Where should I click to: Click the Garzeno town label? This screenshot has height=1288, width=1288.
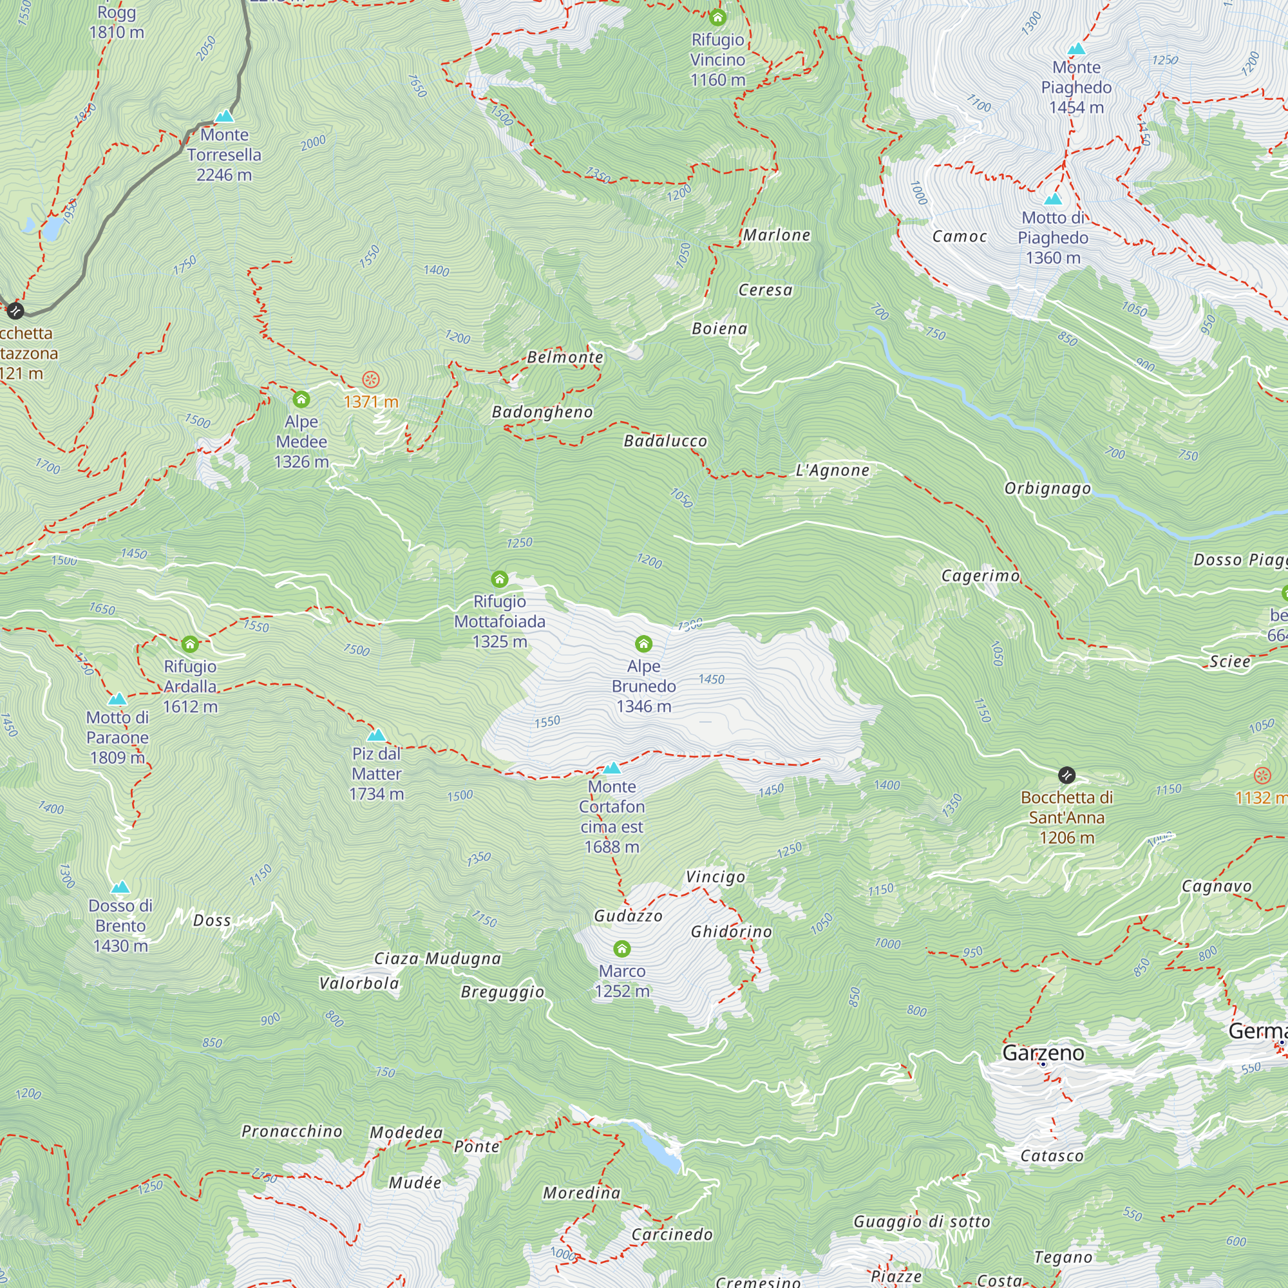click(x=1043, y=1053)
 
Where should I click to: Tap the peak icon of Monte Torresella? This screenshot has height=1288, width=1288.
click(x=225, y=116)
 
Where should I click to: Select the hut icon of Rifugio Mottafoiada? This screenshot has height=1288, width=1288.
click(x=499, y=579)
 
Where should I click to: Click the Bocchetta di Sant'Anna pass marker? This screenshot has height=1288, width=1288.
click(x=1066, y=775)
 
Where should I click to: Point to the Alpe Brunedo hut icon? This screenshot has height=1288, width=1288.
click(x=643, y=643)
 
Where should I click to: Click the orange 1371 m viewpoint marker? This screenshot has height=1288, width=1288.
click(x=371, y=380)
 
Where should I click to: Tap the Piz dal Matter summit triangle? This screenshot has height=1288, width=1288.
click(x=377, y=735)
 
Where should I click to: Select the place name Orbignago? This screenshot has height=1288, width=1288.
click(x=1047, y=489)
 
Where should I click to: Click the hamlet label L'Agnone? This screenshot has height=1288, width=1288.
click(x=832, y=471)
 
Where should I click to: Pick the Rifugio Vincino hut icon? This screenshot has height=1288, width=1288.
click(x=717, y=17)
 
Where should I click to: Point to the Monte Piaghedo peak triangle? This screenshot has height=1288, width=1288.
click(x=1076, y=49)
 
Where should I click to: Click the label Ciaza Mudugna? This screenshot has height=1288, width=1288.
click(x=437, y=959)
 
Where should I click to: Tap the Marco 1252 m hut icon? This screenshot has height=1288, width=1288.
click(x=622, y=948)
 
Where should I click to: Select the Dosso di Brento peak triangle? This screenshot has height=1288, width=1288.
click(x=120, y=887)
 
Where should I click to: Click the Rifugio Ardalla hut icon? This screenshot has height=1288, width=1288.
click(x=190, y=644)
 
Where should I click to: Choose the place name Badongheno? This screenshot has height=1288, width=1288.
click(x=542, y=412)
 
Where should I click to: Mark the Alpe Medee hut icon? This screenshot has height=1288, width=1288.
click(x=301, y=399)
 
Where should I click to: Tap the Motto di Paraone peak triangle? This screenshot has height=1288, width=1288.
click(x=117, y=699)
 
